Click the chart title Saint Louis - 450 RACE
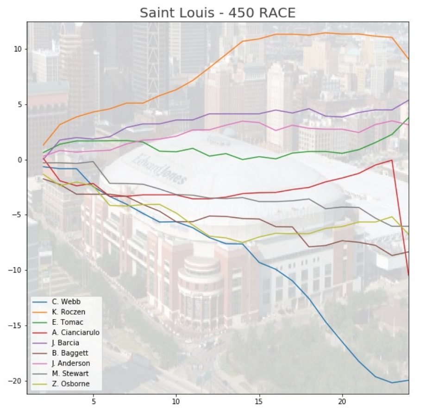point(217,13)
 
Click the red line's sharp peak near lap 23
point(392,160)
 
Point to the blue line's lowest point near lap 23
point(392,383)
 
